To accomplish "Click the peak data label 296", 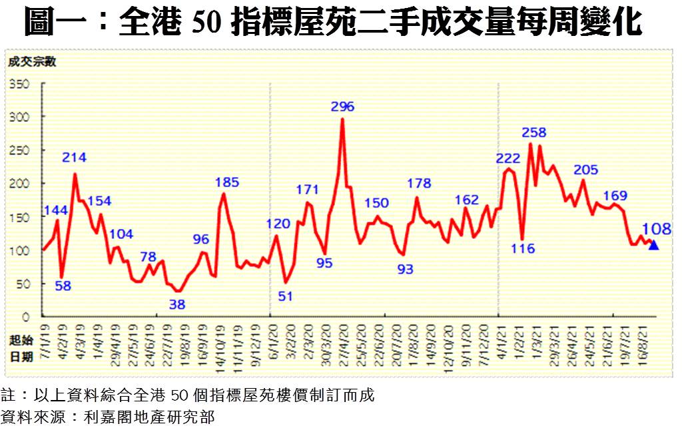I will coord(342,107).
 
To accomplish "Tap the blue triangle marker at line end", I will coord(654,245).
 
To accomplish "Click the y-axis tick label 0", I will coord(27,317).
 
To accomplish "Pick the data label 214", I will coord(75,158).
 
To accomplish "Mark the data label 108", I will coord(657,230).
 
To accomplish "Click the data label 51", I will coord(285,296).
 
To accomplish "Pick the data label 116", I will coord(523,249).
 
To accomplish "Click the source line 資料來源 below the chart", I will coord(107,417).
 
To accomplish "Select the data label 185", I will coord(226,182).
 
